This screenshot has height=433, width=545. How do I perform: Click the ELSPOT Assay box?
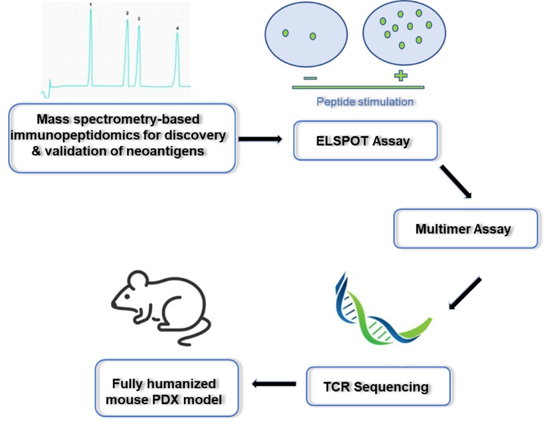[x=366, y=141]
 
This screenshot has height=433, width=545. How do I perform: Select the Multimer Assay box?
[x=465, y=228]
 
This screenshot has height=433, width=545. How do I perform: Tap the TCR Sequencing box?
[x=378, y=386]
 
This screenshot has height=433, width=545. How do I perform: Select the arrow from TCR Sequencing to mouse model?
[x=274, y=385]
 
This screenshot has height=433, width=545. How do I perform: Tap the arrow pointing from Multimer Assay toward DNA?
[x=465, y=294]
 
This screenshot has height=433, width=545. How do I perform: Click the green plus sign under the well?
[x=400, y=75]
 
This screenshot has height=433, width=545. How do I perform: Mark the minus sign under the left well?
[x=310, y=77]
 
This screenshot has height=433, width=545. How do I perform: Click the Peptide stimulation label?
[x=365, y=102]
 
